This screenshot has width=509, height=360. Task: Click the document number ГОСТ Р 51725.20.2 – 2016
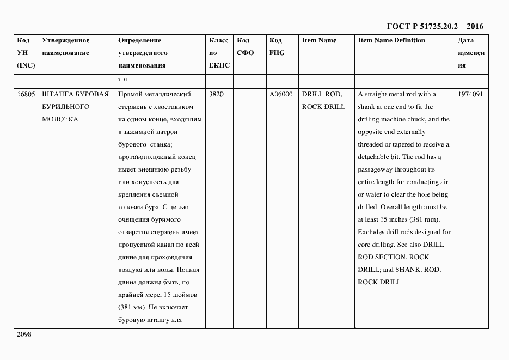pyautogui.click(x=434, y=26)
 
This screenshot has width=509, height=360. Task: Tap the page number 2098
pyautogui.click(x=24, y=334)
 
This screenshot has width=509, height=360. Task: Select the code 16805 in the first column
pyautogui.click(x=25, y=94)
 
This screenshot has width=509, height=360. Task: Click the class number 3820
pyautogui.click(x=216, y=94)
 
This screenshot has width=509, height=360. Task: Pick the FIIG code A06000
pyautogui.click(x=281, y=94)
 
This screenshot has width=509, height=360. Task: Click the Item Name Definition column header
pyautogui.click(x=391, y=40)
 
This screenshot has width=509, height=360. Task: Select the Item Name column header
pyautogui.click(x=319, y=40)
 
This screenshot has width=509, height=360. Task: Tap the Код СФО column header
pyautogui.click(x=246, y=47)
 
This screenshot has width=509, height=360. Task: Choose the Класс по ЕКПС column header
pyautogui.click(x=219, y=53)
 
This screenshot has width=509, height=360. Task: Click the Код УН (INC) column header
pyautogui.click(x=26, y=53)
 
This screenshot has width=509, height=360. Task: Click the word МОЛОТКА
pyautogui.click(x=60, y=119)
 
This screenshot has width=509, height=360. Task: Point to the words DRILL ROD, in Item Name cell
pyautogui.click(x=322, y=94)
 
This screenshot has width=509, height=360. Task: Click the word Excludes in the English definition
pyautogui.click(x=371, y=232)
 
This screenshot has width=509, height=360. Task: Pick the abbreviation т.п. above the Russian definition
pyautogui.click(x=123, y=80)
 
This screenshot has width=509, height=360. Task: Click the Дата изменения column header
pyautogui.click(x=471, y=53)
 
